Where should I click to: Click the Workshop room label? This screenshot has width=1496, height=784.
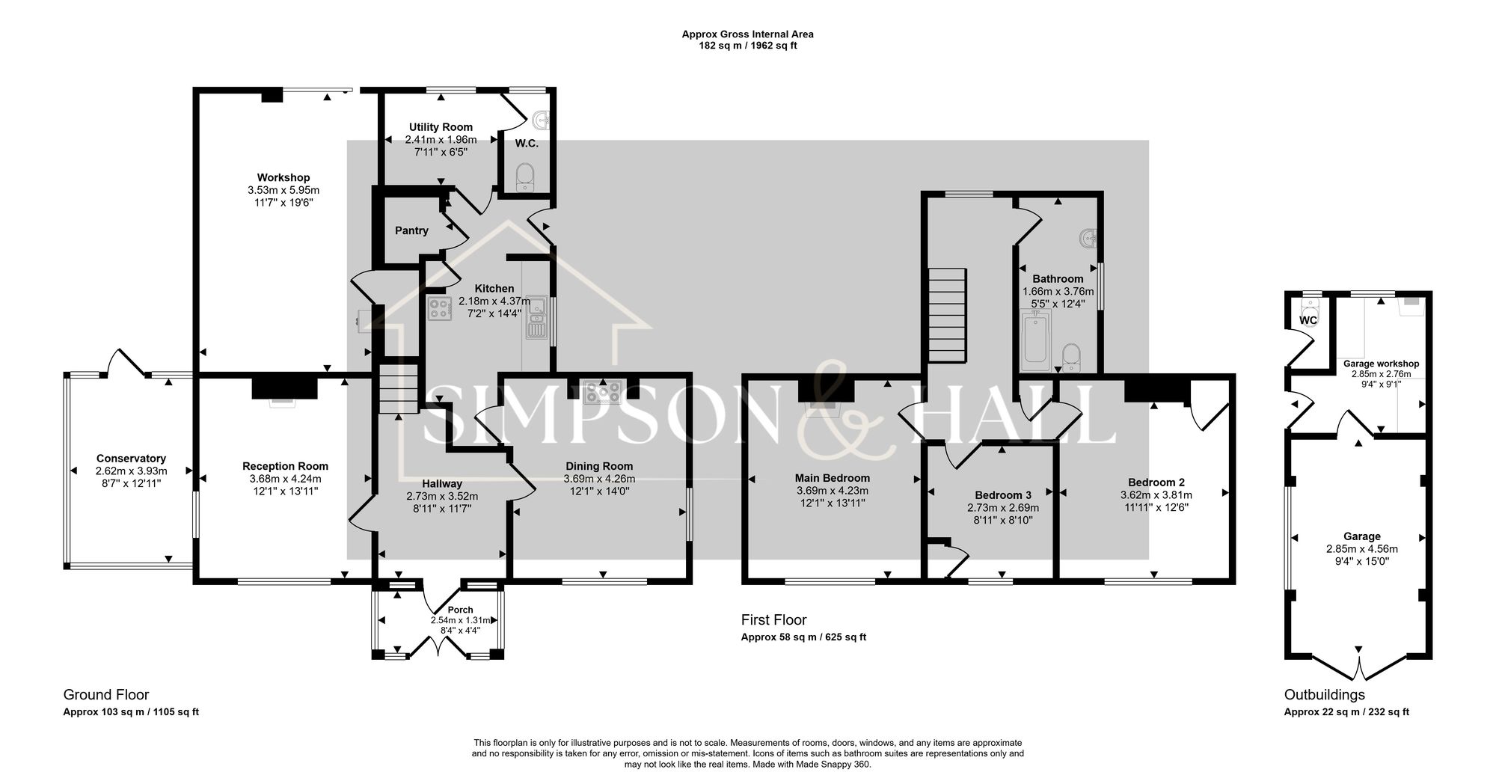click(283, 177)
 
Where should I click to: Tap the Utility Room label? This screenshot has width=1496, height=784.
click(441, 127)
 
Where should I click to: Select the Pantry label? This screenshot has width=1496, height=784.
click(411, 230)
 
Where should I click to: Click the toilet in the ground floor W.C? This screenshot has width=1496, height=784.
click(526, 176)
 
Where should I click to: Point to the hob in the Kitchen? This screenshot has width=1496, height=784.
click(439, 309)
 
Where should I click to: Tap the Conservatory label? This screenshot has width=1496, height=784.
click(131, 459)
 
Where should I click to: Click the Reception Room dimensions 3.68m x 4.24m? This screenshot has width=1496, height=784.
click(285, 479)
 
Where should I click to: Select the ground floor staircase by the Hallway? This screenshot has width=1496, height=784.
click(397, 389)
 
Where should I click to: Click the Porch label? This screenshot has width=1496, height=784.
click(461, 610)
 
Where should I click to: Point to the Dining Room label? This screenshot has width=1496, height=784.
click(598, 466)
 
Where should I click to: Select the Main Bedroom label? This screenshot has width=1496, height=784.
click(832, 478)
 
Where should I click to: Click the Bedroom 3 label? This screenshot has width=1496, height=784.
click(1002, 495)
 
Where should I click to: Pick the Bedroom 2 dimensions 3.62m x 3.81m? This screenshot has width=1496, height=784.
click(1156, 495)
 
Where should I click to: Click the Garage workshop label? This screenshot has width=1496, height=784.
click(1381, 364)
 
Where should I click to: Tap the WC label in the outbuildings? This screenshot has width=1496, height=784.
click(1308, 320)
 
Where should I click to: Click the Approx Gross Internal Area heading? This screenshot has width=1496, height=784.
click(747, 34)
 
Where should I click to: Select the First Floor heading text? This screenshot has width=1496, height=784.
click(773, 619)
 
